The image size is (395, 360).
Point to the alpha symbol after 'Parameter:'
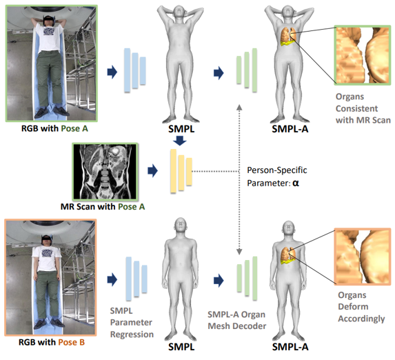(296, 184)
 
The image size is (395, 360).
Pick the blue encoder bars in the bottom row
(134, 279)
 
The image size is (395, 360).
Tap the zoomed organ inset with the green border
(361, 54)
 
